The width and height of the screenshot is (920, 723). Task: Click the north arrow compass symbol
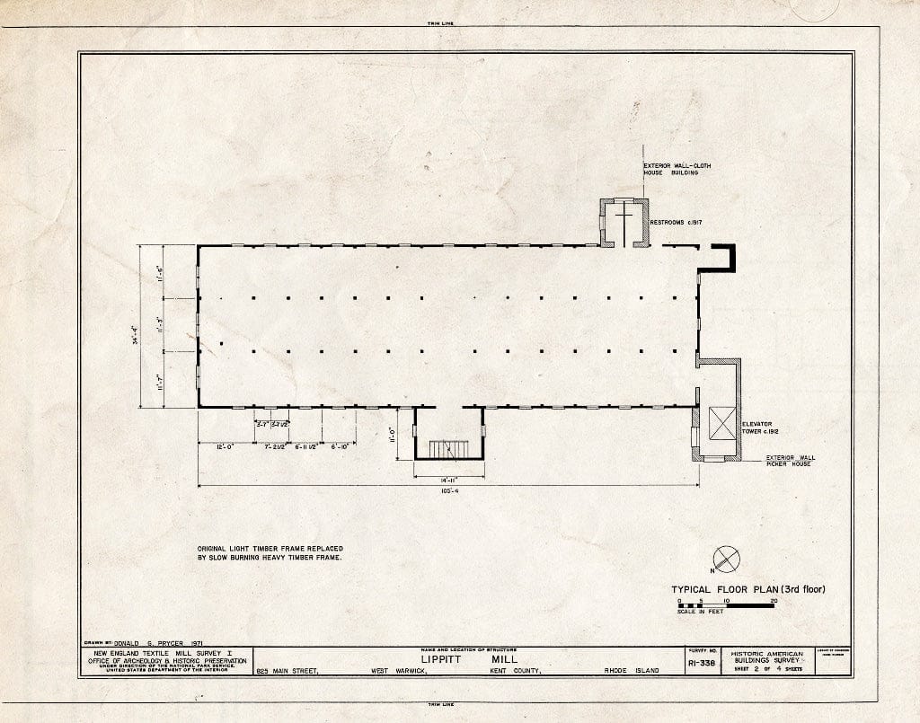click(x=726, y=560)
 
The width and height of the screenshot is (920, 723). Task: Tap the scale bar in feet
click(x=726, y=606)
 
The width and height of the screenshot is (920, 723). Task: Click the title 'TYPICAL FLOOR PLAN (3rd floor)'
click(x=747, y=590)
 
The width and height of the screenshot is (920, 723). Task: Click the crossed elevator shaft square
click(x=721, y=423)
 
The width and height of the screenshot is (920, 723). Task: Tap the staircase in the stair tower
click(x=445, y=448)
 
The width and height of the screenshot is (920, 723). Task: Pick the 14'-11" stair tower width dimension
click(x=448, y=468)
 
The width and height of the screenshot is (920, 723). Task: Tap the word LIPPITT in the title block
click(x=435, y=658)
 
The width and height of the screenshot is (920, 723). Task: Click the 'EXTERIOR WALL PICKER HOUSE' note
click(x=788, y=461)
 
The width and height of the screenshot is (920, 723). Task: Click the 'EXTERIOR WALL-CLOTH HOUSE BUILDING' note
click(x=670, y=169)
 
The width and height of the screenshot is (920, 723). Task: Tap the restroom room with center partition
click(x=624, y=222)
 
